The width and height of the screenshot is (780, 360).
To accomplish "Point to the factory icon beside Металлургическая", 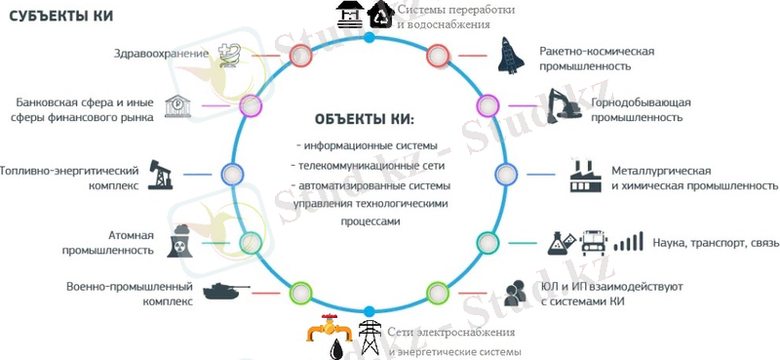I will pyautogui.click(x=587, y=176).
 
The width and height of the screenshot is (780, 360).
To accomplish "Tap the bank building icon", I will pyautogui.click(x=178, y=107).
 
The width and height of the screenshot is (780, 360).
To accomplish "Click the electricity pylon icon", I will pyautogui.click(x=369, y=339).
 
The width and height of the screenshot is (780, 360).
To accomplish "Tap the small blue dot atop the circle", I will pyautogui.click(x=370, y=38).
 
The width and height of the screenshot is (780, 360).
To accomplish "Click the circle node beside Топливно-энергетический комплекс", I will pyautogui.click(x=231, y=175).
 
